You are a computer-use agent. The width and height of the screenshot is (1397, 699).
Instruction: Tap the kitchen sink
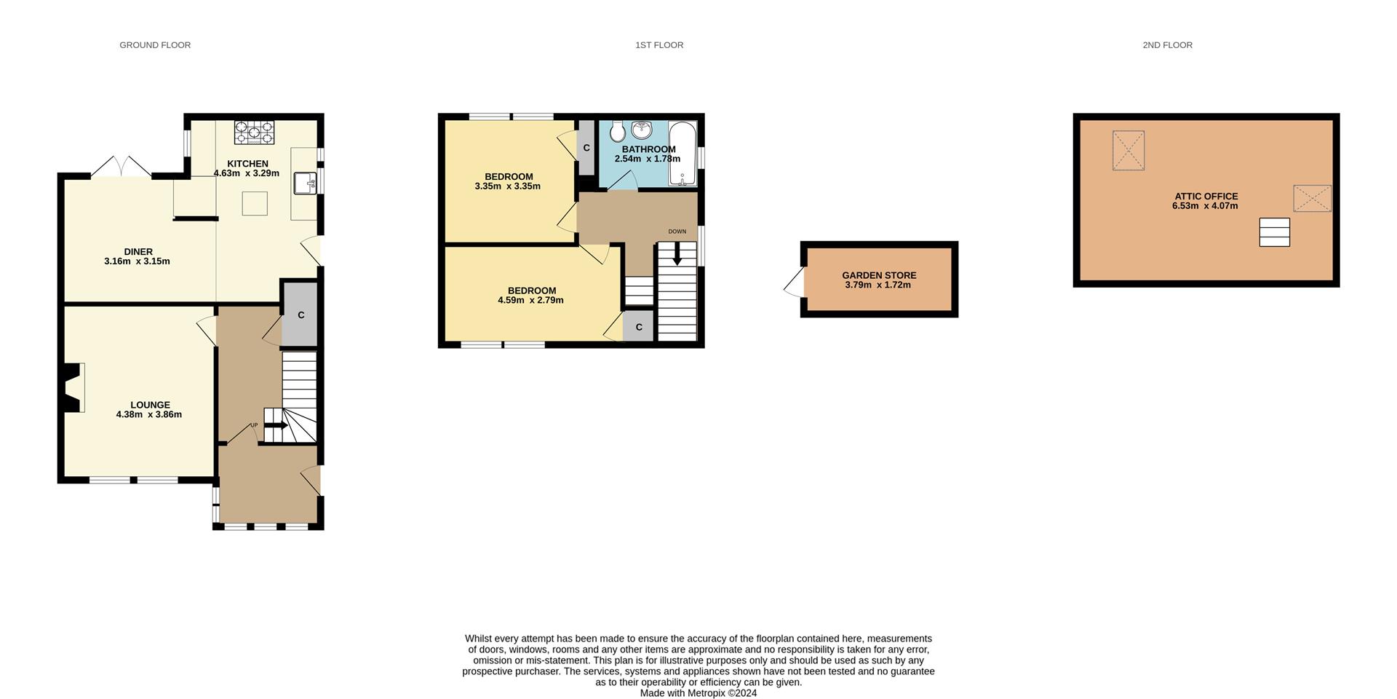(305, 183)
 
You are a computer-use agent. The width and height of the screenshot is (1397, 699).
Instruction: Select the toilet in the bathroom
(618, 132)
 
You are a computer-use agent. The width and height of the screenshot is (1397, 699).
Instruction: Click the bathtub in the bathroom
(682, 154)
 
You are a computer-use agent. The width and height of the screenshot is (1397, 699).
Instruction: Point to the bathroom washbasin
(641, 130)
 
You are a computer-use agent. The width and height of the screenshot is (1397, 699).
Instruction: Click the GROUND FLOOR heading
(155, 45)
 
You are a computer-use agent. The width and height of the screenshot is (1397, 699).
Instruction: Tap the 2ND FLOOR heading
(1167, 45)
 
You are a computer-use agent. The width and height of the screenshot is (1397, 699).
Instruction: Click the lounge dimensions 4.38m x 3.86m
(149, 414)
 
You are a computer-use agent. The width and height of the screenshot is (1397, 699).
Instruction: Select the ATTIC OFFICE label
(1206, 196)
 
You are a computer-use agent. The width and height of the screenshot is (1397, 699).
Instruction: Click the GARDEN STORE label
(879, 275)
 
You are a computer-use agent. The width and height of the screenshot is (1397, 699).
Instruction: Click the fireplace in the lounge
(73, 387)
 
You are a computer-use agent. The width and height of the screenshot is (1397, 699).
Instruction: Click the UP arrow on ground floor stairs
(276, 425)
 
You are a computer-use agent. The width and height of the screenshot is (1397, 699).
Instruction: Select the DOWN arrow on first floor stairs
(677, 256)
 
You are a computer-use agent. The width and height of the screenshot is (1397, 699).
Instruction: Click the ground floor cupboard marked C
(301, 315)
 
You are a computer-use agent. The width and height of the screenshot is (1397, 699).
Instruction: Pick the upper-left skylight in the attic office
(1128, 151)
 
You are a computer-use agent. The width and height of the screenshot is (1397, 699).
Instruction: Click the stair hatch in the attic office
(1274, 232)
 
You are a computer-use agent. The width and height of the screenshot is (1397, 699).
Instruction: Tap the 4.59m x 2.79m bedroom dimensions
(530, 300)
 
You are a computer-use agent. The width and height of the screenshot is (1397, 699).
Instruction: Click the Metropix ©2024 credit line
(698, 693)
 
